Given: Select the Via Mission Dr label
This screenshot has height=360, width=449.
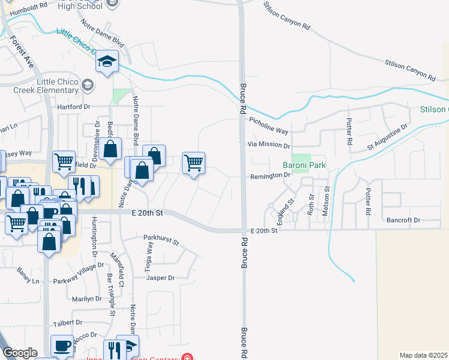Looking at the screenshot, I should tap(269, 145).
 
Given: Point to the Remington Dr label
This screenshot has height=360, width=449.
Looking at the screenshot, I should tap(270, 175).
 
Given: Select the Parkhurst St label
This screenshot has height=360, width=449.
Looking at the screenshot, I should tap(161, 240).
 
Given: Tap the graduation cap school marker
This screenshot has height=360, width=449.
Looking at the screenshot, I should tap(107, 61).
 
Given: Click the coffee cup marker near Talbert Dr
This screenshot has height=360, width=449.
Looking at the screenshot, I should tap(62, 346).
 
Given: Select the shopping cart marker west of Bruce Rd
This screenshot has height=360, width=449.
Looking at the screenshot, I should tap(193, 163).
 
